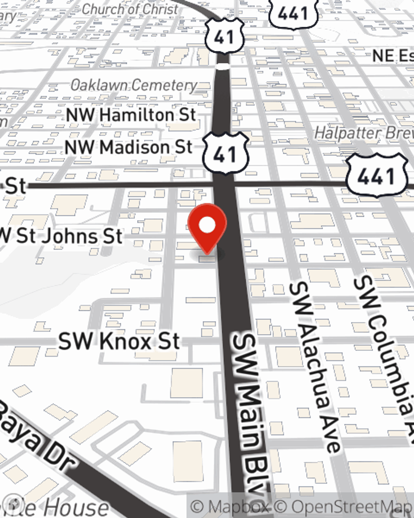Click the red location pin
[207, 227]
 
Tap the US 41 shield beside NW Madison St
[225, 153]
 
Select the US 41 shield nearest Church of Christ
[224, 36]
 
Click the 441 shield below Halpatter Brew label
[376, 176]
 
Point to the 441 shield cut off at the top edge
[293, 12]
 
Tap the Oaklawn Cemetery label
[133, 85]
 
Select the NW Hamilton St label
[131, 115]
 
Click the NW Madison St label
[129, 147]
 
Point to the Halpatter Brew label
[363, 133]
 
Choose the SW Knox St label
[119, 341]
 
